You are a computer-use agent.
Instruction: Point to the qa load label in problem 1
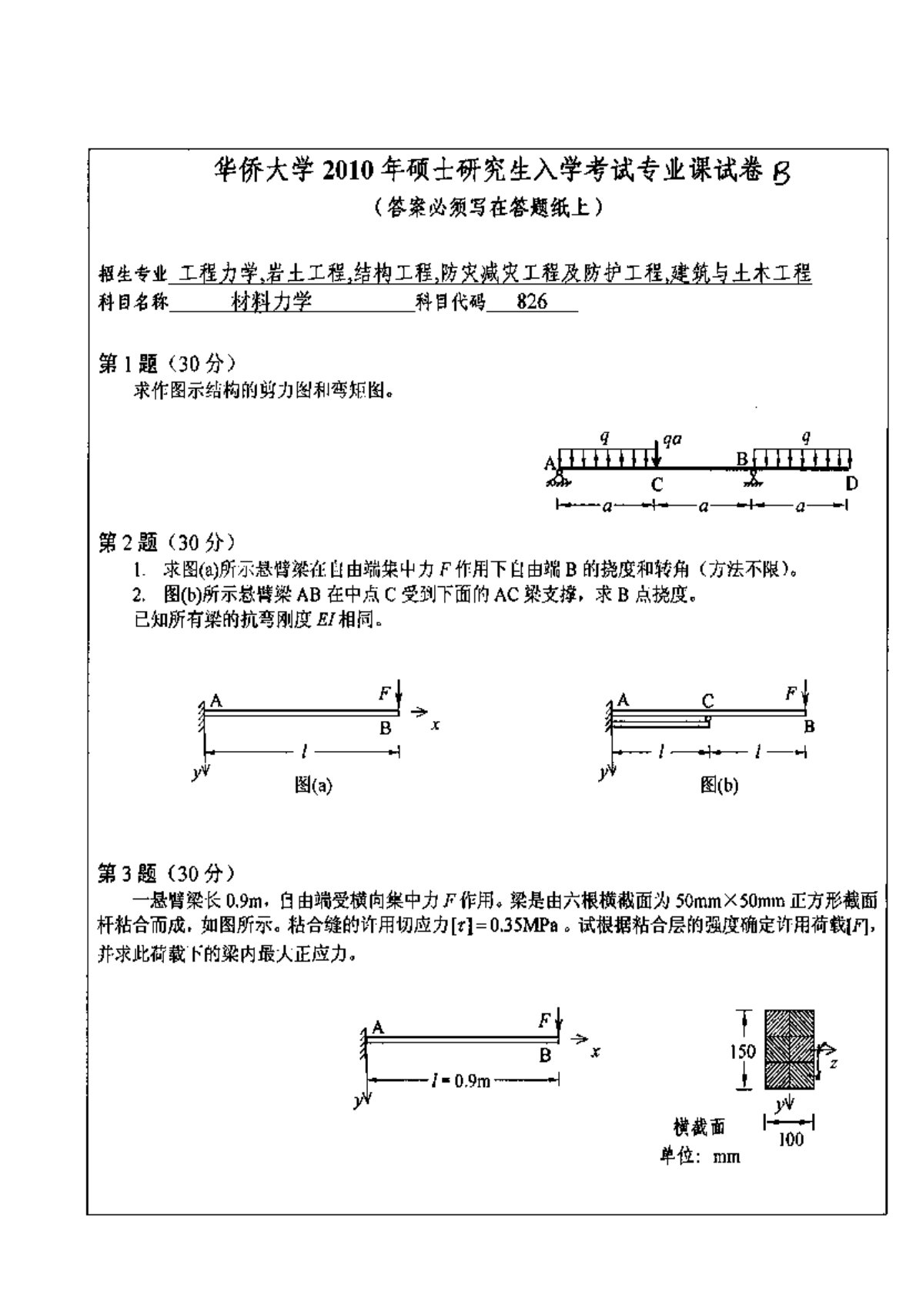[x=673, y=439]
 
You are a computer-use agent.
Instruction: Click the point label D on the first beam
[x=851, y=483]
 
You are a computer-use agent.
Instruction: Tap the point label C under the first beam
[x=656, y=485]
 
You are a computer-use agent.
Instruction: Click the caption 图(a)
[x=313, y=785]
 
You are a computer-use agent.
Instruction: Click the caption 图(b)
[x=719, y=785]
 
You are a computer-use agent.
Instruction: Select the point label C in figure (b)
[x=707, y=700]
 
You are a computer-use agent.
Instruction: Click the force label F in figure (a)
[x=384, y=693]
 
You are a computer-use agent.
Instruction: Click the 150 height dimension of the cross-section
[x=742, y=1050]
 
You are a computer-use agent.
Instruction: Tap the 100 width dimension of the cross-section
[x=791, y=1140]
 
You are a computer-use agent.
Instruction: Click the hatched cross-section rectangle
[x=789, y=1050]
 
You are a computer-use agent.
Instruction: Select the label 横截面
[x=699, y=1128]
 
